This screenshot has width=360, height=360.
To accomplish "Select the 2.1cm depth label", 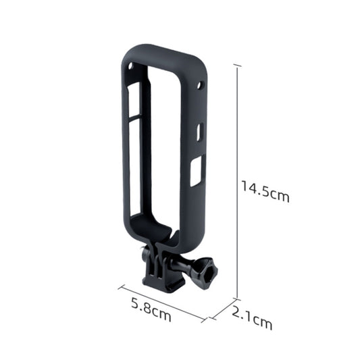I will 251,318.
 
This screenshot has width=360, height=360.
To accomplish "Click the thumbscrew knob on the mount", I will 205,274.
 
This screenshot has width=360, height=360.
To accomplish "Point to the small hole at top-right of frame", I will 200,86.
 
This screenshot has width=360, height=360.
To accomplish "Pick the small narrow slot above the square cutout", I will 199,132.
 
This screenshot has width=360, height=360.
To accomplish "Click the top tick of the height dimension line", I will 237,65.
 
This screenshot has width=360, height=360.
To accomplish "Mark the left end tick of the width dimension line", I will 120,286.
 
